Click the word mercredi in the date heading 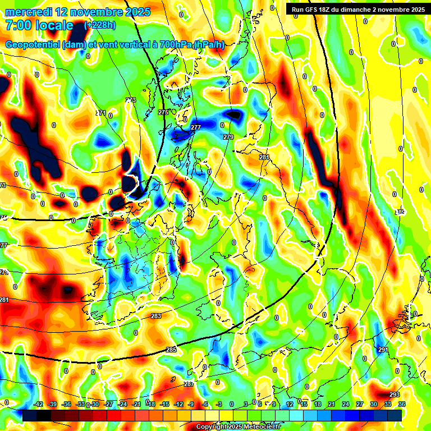29,12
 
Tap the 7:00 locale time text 39,25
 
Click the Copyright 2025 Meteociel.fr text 238,427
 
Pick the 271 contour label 101,113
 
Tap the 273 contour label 131,100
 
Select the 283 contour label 156,317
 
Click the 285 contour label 171,350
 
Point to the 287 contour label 189,384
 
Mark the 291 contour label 383,350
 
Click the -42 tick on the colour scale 38,404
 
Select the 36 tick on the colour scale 402,404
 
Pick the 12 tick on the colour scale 290,404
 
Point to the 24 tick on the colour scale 346,404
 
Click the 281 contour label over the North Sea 264,157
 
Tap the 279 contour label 228,137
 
